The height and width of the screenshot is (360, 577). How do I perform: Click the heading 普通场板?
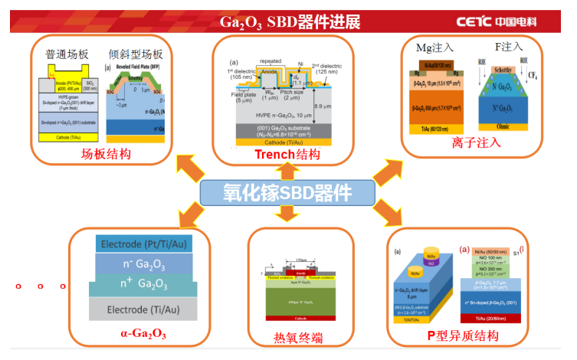[67, 54]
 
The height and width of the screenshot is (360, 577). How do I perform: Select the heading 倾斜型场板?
[136, 54]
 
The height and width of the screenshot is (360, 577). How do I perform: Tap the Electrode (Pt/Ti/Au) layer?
[143, 244]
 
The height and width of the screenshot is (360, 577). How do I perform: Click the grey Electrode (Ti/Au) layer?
[143, 310]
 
